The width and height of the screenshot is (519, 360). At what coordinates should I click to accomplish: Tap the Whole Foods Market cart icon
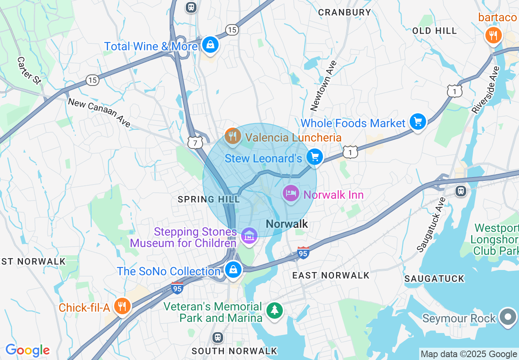click(417, 122)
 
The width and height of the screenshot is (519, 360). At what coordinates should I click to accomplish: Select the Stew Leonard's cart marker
click(314, 157)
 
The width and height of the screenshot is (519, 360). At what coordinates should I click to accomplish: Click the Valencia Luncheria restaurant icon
click(232, 136)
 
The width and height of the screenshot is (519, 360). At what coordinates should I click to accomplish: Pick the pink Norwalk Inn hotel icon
click(291, 193)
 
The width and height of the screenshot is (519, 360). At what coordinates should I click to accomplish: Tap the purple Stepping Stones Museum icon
click(249, 236)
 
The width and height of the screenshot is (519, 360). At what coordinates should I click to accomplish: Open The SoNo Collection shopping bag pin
click(233, 270)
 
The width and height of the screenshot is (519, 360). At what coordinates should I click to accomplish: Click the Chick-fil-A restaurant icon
click(122, 306)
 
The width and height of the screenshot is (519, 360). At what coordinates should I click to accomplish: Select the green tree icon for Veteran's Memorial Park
click(274, 310)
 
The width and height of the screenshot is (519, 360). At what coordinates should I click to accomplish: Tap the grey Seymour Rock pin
click(508, 317)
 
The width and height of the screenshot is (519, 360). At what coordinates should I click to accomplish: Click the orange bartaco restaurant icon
click(493, 35)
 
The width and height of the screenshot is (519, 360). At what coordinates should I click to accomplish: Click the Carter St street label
click(29, 70)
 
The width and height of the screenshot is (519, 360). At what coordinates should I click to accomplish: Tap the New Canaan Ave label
click(99, 113)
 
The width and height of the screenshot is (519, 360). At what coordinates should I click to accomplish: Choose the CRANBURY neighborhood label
click(344, 12)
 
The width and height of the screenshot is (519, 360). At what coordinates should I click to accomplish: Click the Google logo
click(27, 350)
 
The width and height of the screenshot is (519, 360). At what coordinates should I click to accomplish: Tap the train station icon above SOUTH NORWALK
click(218, 337)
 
